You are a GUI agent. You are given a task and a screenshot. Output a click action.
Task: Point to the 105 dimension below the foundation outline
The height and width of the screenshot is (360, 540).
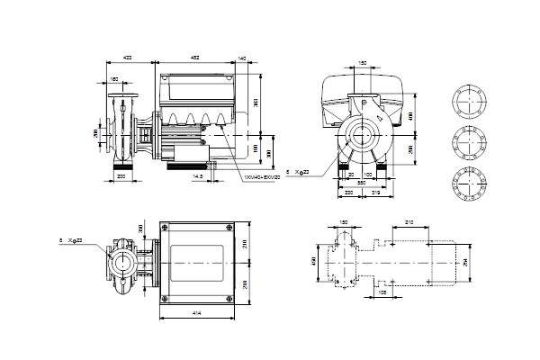click(x=382, y=292)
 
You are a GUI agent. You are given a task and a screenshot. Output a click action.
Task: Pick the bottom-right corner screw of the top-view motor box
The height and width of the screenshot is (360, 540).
click(x=225, y=296)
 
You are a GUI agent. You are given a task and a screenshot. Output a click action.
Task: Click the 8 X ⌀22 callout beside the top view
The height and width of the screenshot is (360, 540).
click(x=72, y=240)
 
